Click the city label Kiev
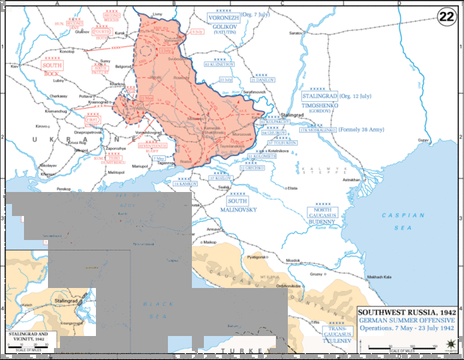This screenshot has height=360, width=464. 13,67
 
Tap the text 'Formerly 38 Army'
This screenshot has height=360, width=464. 362,130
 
